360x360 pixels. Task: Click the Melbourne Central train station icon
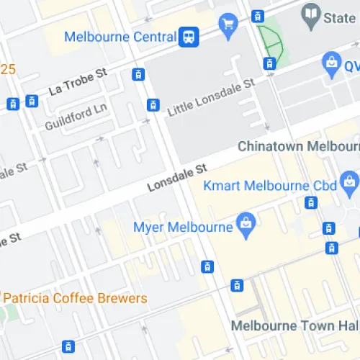click(189, 36)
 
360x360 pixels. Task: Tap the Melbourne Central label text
click(120, 37)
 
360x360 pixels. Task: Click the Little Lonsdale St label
click(211, 99)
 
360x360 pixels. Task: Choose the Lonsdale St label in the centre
click(177, 176)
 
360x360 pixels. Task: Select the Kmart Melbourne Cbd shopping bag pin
click(351, 181)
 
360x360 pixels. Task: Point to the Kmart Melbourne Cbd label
click(270, 186)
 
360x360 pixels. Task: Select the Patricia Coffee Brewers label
click(74, 298)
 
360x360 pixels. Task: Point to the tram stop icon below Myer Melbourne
click(208, 267)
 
